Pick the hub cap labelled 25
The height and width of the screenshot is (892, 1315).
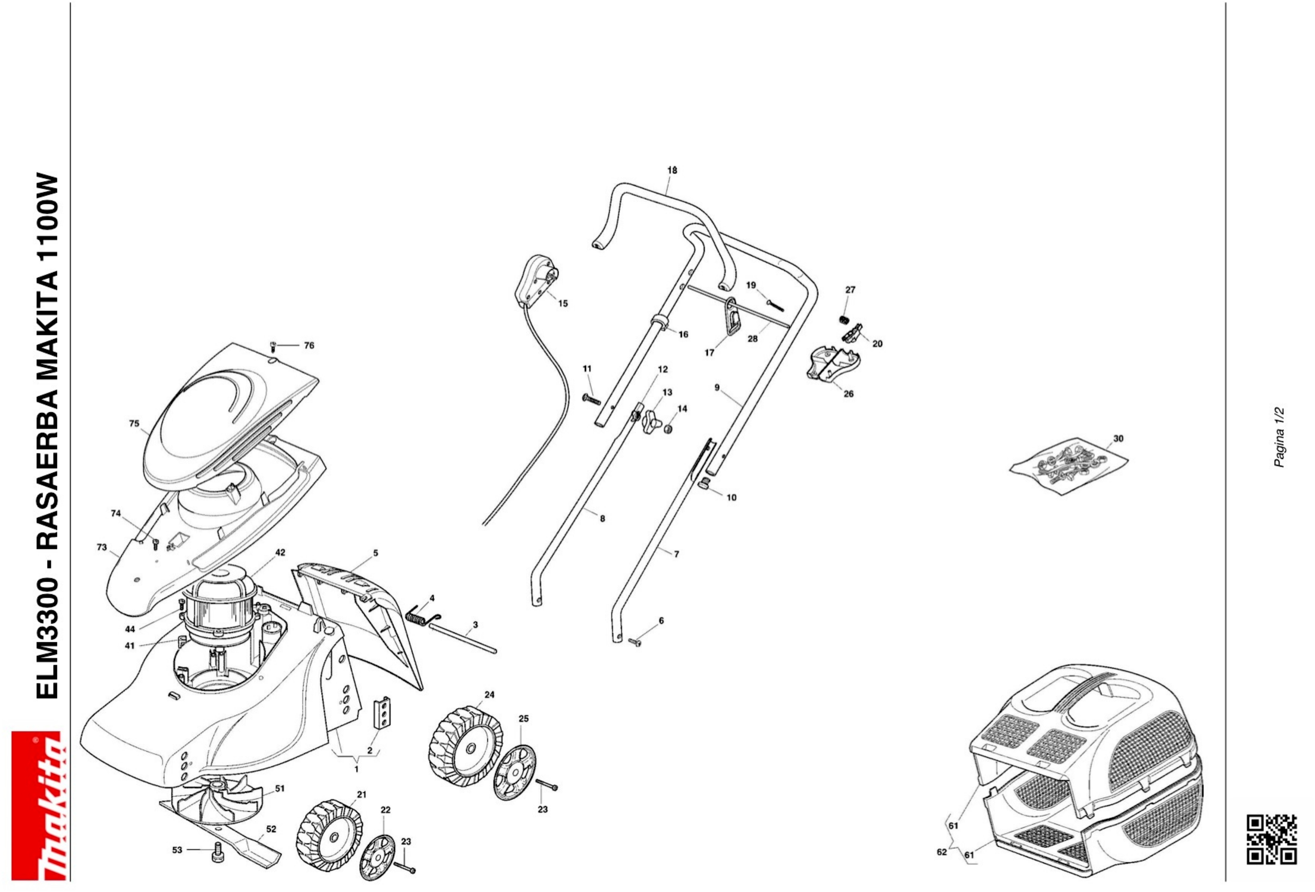(x=514, y=772)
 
